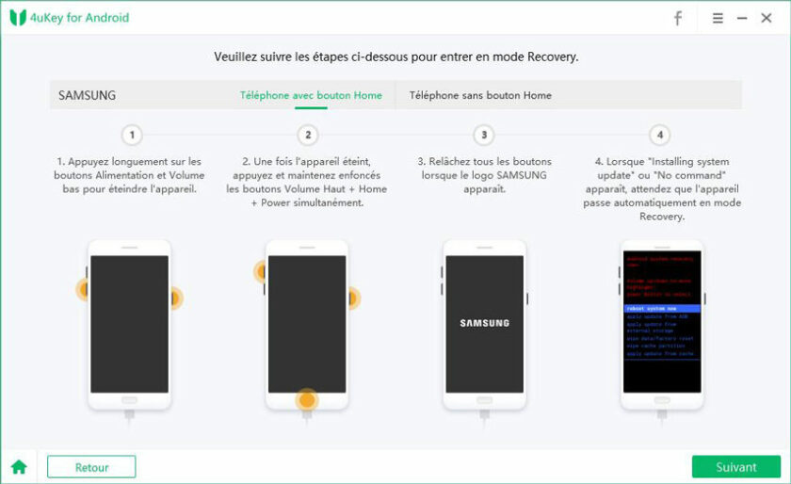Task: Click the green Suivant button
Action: point(735,467)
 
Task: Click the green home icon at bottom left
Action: point(19,467)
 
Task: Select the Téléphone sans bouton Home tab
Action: point(480,95)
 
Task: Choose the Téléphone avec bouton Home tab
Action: point(311,95)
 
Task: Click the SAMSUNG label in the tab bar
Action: point(87,95)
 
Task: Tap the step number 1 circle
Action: point(132,135)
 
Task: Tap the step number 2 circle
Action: point(307,135)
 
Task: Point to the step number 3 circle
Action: point(483,135)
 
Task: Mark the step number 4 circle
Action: point(660,135)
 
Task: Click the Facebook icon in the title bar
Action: point(678,18)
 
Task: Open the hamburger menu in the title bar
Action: point(718,18)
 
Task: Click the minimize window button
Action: point(742,18)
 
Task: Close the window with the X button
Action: point(767,18)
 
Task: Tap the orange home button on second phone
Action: point(306,400)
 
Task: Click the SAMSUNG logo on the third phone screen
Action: point(484,323)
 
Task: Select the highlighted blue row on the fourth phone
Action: point(662,308)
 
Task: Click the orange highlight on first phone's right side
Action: point(173,298)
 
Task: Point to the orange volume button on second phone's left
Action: point(261,272)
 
